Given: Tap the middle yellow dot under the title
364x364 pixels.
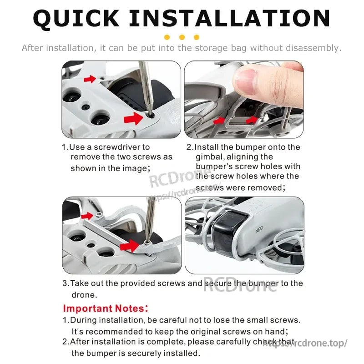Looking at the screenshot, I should click(x=182, y=37).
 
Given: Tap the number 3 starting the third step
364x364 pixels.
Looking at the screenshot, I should click(x=65, y=283).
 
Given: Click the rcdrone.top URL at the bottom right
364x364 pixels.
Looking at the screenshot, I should click(x=305, y=343).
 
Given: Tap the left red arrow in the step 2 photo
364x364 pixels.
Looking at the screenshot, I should click(x=220, y=120).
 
